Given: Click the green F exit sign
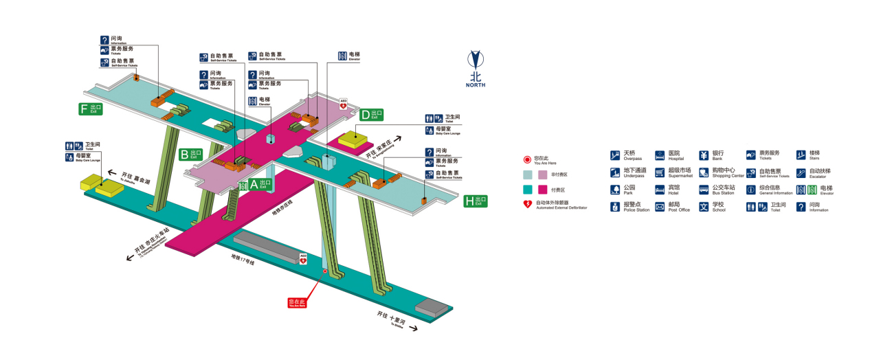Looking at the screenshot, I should tap(91, 109).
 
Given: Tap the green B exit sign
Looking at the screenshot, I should tap(191, 154).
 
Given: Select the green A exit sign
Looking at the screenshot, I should tap(260, 184).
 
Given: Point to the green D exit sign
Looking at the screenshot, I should tap(372, 114).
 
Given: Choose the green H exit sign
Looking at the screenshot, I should tap(475, 201).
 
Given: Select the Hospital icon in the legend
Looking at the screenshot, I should tap(660, 155).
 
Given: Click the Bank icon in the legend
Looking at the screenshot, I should tap(704, 155).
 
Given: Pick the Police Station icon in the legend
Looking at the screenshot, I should tap(615, 207).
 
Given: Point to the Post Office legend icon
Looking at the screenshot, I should tap(660, 207).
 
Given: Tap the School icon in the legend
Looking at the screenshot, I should tap(704, 207).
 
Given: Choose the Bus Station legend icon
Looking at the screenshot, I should tap(704, 190).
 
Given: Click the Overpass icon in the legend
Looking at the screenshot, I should tap(615, 155).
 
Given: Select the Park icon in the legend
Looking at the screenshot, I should tap(615, 190).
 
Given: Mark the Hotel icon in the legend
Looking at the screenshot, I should tap(660, 190).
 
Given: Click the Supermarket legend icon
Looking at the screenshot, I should tap(660, 172).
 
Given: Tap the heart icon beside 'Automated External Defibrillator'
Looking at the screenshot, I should tap(528, 204).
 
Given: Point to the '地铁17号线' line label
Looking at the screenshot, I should tap(243, 260).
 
